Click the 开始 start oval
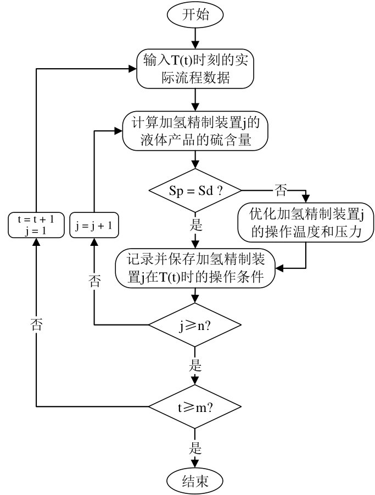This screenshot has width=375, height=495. (x=195, y=15)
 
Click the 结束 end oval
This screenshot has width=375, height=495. (x=195, y=480)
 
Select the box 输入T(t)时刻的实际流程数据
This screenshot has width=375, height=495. (x=195, y=69)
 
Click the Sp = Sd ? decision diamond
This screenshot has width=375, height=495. (x=195, y=191)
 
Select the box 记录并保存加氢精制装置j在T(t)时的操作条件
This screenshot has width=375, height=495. (x=195, y=268)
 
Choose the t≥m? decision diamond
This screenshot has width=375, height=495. (x=195, y=407)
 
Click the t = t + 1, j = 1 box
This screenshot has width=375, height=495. (x=35, y=226)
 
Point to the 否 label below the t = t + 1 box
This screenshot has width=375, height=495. (x=36, y=324)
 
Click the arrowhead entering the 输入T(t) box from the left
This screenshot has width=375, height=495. (x=132, y=69)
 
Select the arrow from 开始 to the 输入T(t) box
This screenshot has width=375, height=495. (x=195, y=37)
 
